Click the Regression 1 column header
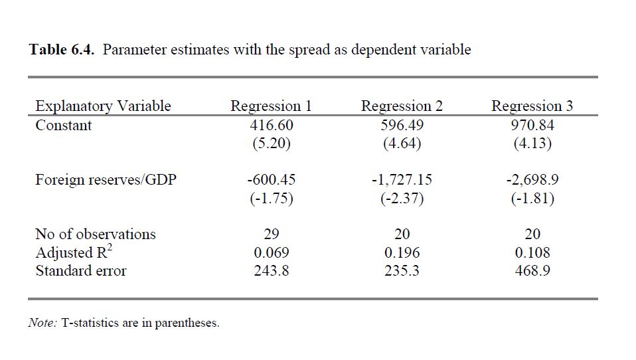(x=271, y=106)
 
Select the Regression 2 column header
(x=402, y=106)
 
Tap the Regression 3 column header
(x=532, y=106)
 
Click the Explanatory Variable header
(x=103, y=106)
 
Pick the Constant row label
(x=64, y=126)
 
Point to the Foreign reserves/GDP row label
(x=106, y=179)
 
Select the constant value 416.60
(x=271, y=126)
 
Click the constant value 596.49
(x=402, y=126)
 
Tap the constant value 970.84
(x=532, y=126)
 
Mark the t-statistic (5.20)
(x=271, y=143)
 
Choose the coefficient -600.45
(x=271, y=179)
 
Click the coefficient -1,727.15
(x=402, y=179)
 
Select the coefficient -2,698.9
(x=532, y=179)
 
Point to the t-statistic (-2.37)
(x=402, y=198)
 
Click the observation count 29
(x=271, y=234)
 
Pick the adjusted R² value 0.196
(x=402, y=252)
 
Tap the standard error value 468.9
(x=532, y=271)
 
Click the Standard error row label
(x=80, y=271)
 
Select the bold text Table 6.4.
(x=63, y=50)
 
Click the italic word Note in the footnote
(x=42, y=323)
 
